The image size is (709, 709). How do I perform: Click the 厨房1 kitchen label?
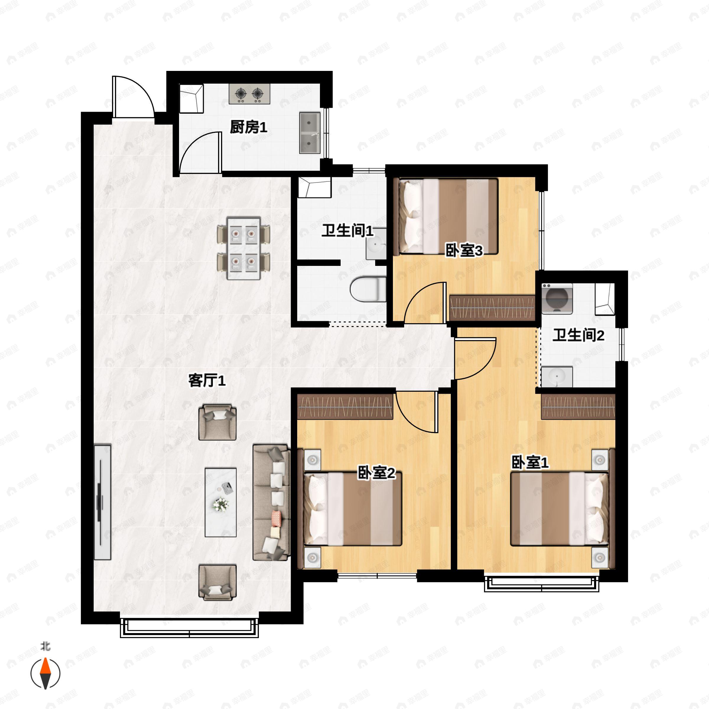[248, 127]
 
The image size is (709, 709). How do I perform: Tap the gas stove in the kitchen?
[249, 94]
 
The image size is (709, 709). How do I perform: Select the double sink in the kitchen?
[309, 133]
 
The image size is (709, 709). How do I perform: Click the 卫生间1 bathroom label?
[347, 231]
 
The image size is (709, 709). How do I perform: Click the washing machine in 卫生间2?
[557, 298]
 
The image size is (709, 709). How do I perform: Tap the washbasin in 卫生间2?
[557, 377]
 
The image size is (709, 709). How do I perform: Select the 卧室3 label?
[464, 251]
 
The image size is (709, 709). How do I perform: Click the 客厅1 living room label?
[206, 380]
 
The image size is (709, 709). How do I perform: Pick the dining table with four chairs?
[243, 248]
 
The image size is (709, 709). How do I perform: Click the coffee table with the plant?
[220, 502]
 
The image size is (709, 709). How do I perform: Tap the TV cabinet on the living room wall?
[103, 502]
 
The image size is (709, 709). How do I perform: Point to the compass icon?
[45, 674]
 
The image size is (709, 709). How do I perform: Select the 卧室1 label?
[530, 462]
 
